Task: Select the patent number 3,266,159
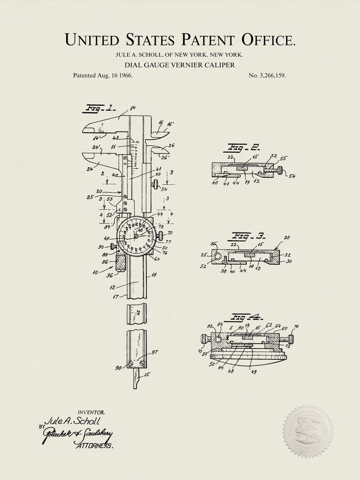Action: point(267,75)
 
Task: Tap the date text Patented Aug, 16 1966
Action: point(103,75)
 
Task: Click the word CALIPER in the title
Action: point(219,65)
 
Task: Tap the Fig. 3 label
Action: point(248,236)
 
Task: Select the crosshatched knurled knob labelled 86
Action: point(122,263)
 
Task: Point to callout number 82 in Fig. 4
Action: point(210,326)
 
